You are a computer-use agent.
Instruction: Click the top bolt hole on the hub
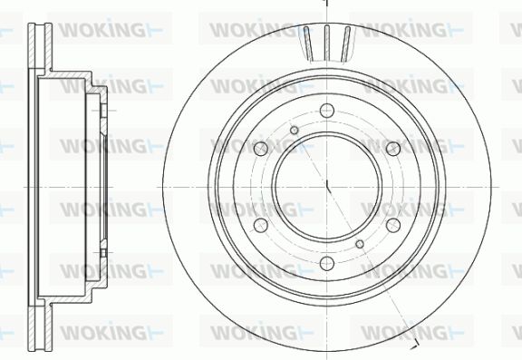[327, 111]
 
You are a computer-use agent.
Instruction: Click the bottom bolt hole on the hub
[327, 263]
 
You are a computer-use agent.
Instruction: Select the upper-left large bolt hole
[261, 149]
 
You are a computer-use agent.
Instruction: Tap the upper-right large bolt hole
[393, 149]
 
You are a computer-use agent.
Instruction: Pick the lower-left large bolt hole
[261, 226]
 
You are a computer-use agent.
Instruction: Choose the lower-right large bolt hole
[393, 226]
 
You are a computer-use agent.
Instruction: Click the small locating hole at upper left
[295, 131]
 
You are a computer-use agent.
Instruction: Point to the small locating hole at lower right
[360, 244]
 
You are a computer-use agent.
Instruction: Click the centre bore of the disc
[327, 187]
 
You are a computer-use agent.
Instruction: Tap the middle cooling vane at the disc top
[327, 43]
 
